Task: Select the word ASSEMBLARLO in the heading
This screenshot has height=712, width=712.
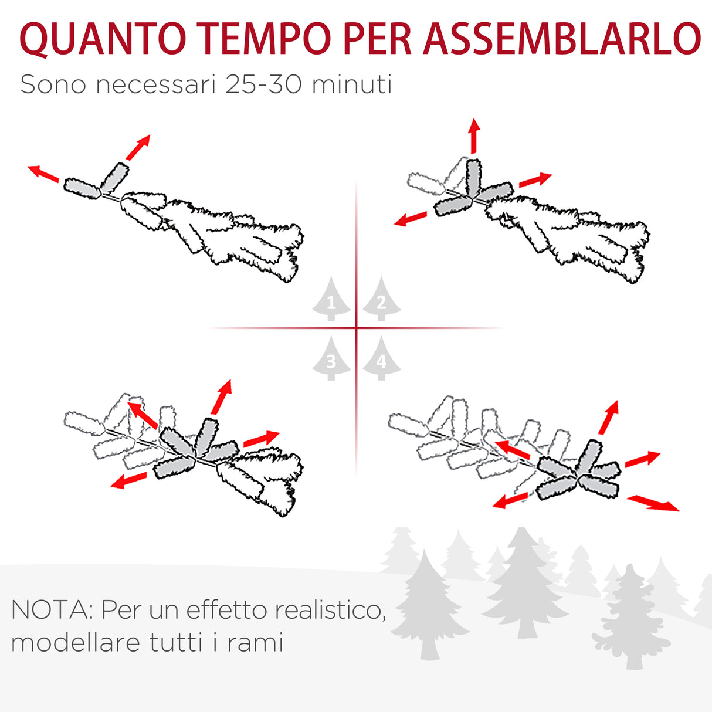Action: tap(561, 39)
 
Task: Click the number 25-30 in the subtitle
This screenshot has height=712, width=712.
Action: tap(265, 84)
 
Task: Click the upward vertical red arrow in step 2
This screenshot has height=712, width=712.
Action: tap(474, 135)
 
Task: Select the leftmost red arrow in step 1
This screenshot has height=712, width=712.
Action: tap(43, 174)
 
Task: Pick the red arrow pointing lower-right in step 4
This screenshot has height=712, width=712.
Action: tap(653, 503)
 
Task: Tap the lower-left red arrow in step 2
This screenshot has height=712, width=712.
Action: tap(411, 219)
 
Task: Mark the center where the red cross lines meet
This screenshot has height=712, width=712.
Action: tap(357, 328)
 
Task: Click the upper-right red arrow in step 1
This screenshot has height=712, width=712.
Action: tap(138, 147)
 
